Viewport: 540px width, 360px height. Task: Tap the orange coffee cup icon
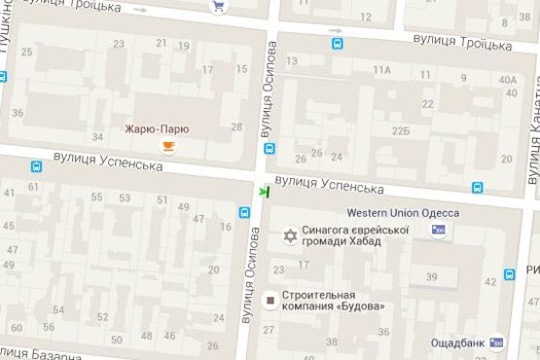point(168,147)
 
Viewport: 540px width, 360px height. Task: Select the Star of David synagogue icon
point(289,236)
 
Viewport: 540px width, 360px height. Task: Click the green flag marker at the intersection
point(264,192)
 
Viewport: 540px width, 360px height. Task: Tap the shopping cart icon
point(218,7)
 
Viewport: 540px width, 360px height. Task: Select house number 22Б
point(401,131)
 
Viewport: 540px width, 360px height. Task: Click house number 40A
point(507,81)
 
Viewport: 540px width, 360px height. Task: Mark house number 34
point(97,136)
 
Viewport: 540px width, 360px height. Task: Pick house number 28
point(236,126)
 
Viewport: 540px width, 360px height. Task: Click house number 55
point(97,198)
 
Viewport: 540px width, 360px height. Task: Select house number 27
point(270,330)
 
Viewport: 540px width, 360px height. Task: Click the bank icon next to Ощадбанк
point(497,342)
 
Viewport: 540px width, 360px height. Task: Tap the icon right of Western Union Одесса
point(440,230)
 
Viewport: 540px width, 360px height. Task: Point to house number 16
point(225,227)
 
